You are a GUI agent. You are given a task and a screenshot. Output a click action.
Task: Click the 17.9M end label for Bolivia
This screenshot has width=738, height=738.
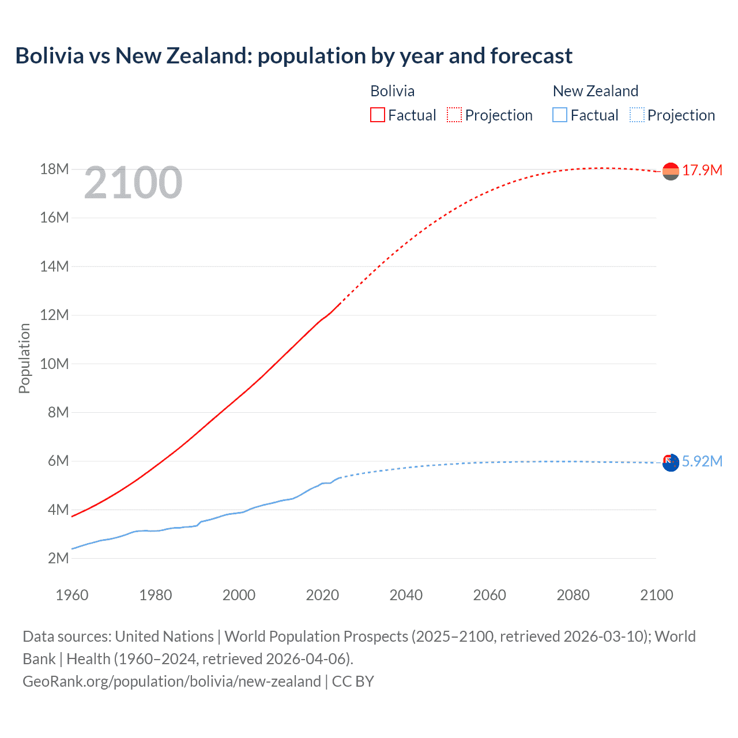point(702,170)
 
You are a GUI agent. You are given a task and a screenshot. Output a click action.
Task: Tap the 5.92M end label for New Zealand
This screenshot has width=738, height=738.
point(702,461)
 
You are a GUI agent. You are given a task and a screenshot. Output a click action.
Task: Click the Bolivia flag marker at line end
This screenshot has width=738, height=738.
point(671,171)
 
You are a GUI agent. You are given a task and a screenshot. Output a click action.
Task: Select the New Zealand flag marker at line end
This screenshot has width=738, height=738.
point(671,462)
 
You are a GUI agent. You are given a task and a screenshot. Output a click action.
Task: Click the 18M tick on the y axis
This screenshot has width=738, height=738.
point(54,169)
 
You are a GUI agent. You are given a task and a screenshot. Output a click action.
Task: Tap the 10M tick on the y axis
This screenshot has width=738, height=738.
point(54,364)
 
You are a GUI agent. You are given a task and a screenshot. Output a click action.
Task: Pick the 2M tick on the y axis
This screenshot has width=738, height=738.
point(58,558)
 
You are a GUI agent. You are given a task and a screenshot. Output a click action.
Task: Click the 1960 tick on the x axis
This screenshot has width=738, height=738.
point(72,595)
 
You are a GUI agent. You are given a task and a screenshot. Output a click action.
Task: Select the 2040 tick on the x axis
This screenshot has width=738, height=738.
point(406,595)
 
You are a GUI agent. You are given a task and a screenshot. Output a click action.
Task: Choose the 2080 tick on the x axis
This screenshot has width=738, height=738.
point(573,595)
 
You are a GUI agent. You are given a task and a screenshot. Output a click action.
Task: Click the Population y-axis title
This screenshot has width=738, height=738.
point(24,358)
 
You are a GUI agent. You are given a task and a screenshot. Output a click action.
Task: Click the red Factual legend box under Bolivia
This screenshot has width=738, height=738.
point(378,115)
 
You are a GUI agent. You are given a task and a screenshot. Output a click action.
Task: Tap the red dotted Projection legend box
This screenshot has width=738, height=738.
point(454,115)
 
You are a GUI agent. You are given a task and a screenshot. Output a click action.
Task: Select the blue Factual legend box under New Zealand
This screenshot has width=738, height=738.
point(560,115)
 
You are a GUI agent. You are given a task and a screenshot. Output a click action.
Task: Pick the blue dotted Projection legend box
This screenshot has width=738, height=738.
point(637,115)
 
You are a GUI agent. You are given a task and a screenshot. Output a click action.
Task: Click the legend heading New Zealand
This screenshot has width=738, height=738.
point(596,91)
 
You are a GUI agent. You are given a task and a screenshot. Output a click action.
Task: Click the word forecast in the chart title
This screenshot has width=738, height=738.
point(531,56)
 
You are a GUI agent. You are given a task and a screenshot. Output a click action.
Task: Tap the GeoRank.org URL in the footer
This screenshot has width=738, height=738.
point(172,681)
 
